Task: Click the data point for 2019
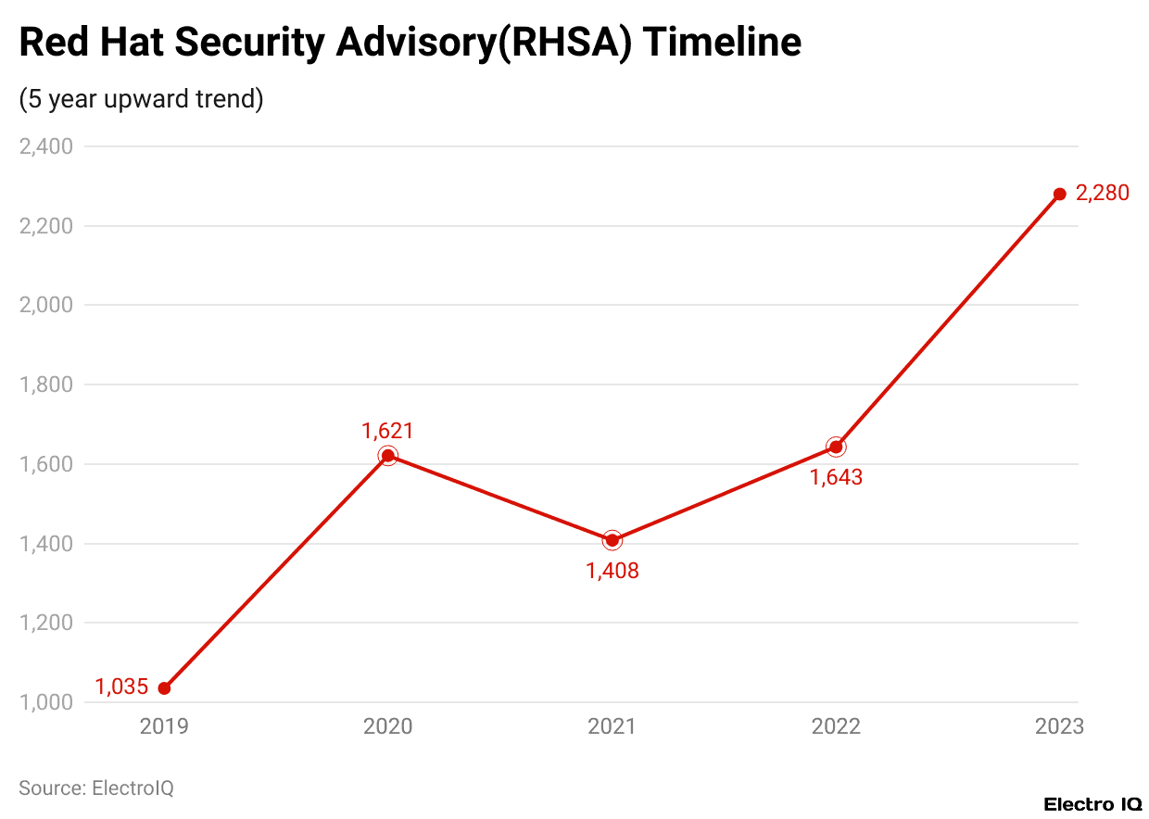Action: [x=164, y=688]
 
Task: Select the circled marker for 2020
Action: [x=388, y=456]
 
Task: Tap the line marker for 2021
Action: [x=612, y=540]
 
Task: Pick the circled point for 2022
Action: [x=836, y=447]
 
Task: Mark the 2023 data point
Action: [x=1060, y=195]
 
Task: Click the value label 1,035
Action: [x=121, y=687]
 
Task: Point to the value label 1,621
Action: [x=387, y=430]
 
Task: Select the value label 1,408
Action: [x=612, y=571]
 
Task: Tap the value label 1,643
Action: [x=836, y=477]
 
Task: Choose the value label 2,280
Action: [x=1103, y=195]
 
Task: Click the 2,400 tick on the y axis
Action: [x=46, y=146]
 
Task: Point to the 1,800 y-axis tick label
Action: [x=46, y=384]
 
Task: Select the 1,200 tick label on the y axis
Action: [x=46, y=623]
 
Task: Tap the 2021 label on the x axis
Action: [x=612, y=726]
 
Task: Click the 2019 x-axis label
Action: [x=164, y=726]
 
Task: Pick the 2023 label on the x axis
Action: [x=1059, y=726]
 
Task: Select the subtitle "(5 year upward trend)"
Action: [x=141, y=99]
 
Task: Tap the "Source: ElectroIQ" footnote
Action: [x=96, y=788]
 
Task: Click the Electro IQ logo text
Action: [x=1092, y=804]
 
